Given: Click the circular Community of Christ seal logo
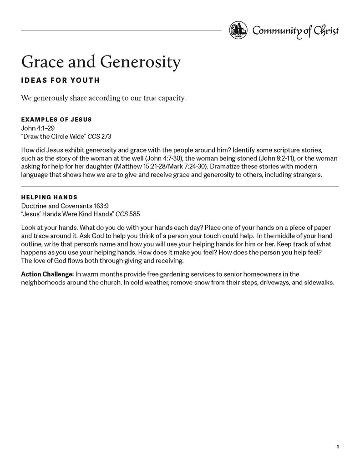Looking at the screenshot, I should tap(238, 30).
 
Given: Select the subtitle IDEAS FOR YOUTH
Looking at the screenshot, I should tap(60, 81).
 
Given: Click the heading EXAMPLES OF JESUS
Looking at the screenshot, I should tap(56, 120).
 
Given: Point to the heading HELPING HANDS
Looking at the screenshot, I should tap(49, 198).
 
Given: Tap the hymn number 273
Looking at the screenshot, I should tap(106, 136).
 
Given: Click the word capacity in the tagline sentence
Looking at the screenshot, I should tap(169, 98).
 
